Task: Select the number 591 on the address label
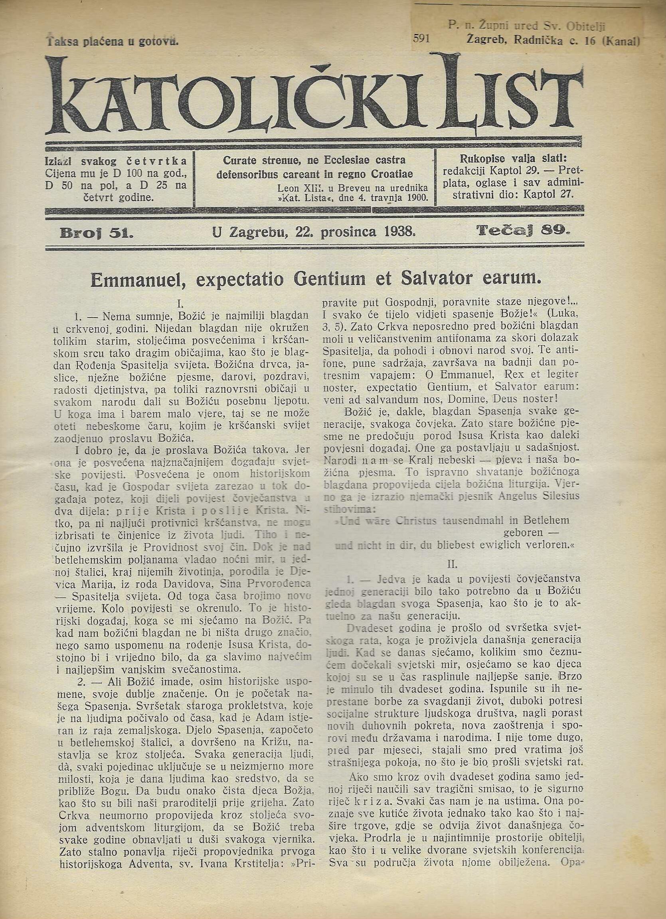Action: [x=422, y=38]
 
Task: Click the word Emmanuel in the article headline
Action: [x=138, y=281]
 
